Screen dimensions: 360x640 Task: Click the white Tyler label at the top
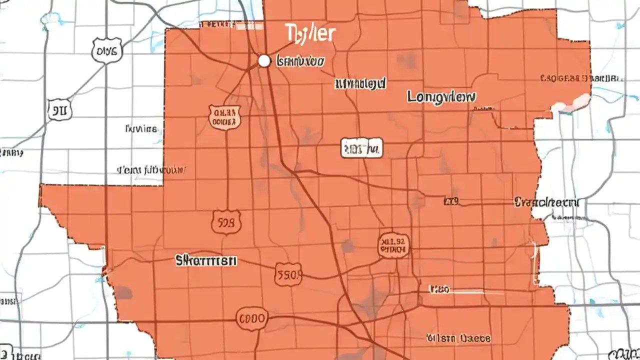tap(310, 33)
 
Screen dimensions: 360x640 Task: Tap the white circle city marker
tap(264, 61)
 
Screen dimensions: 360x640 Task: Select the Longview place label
tap(441, 97)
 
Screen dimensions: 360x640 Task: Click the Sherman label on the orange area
tap(206, 260)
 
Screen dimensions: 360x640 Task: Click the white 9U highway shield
tap(59, 109)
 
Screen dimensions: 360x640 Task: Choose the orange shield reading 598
tap(226, 222)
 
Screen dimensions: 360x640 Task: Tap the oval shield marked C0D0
tap(251, 319)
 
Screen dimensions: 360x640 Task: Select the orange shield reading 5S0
tap(288, 274)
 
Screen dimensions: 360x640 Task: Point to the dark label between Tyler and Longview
tap(360, 83)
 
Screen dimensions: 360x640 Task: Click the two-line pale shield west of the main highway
tap(224, 117)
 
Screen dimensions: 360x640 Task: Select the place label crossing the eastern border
tap(546, 202)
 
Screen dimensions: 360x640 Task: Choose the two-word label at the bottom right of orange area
tap(458, 338)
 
